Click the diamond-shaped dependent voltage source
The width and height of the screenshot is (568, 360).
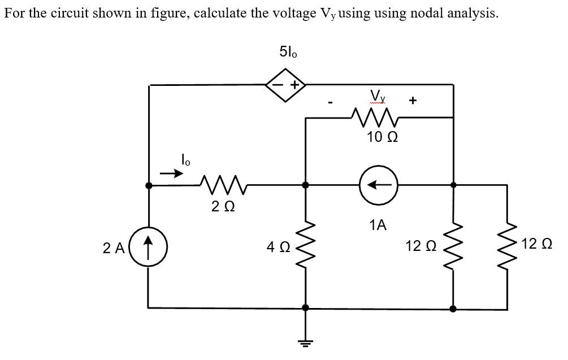tap(285, 85)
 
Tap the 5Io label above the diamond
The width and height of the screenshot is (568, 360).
tap(288, 52)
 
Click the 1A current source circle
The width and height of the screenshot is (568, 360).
tap(379, 185)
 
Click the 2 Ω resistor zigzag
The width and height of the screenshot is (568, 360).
tap(222, 184)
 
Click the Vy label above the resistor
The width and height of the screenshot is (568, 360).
tap(378, 96)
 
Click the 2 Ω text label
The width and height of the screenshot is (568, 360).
tap(221, 207)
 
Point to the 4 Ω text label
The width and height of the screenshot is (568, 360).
tap(278, 246)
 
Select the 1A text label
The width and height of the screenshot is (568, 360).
tap(378, 225)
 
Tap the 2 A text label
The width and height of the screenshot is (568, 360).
tap(114, 247)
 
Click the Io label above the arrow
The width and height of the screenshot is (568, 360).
tap(185, 160)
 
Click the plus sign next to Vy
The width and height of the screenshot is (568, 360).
tap(413, 101)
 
